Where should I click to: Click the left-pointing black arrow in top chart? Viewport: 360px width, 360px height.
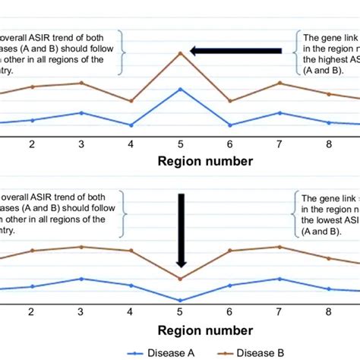point(235,51)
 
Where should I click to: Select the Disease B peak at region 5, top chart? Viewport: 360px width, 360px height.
point(180,52)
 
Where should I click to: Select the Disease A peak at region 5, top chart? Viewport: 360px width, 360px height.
point(180,89)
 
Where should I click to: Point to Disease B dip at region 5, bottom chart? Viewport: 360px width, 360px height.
point(180,279)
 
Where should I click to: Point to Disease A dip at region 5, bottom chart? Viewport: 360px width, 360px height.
point(180,301)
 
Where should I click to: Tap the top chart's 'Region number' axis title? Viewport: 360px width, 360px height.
point(205,161)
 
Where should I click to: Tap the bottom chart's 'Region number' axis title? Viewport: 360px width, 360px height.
point(205,330)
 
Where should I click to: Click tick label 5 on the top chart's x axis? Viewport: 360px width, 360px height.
point(180,144)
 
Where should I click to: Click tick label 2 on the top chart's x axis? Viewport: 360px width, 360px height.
point(32,144)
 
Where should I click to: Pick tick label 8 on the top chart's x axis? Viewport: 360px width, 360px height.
point(328,144)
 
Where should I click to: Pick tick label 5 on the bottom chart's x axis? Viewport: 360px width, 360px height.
point(180,313)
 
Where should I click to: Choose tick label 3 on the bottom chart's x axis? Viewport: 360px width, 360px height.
point(81,313)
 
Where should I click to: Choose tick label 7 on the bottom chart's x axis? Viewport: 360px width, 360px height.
point(279,313)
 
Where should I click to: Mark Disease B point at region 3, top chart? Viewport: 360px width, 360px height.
point(81,83)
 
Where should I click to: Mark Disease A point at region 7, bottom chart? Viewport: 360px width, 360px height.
point(279,279)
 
